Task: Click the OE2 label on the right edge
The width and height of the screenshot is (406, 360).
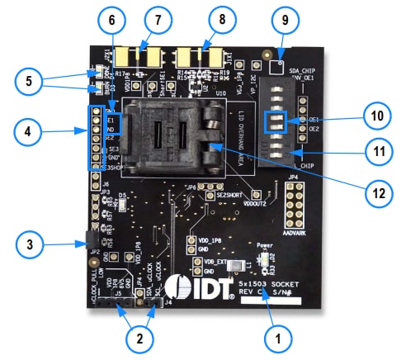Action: point(314,130)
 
